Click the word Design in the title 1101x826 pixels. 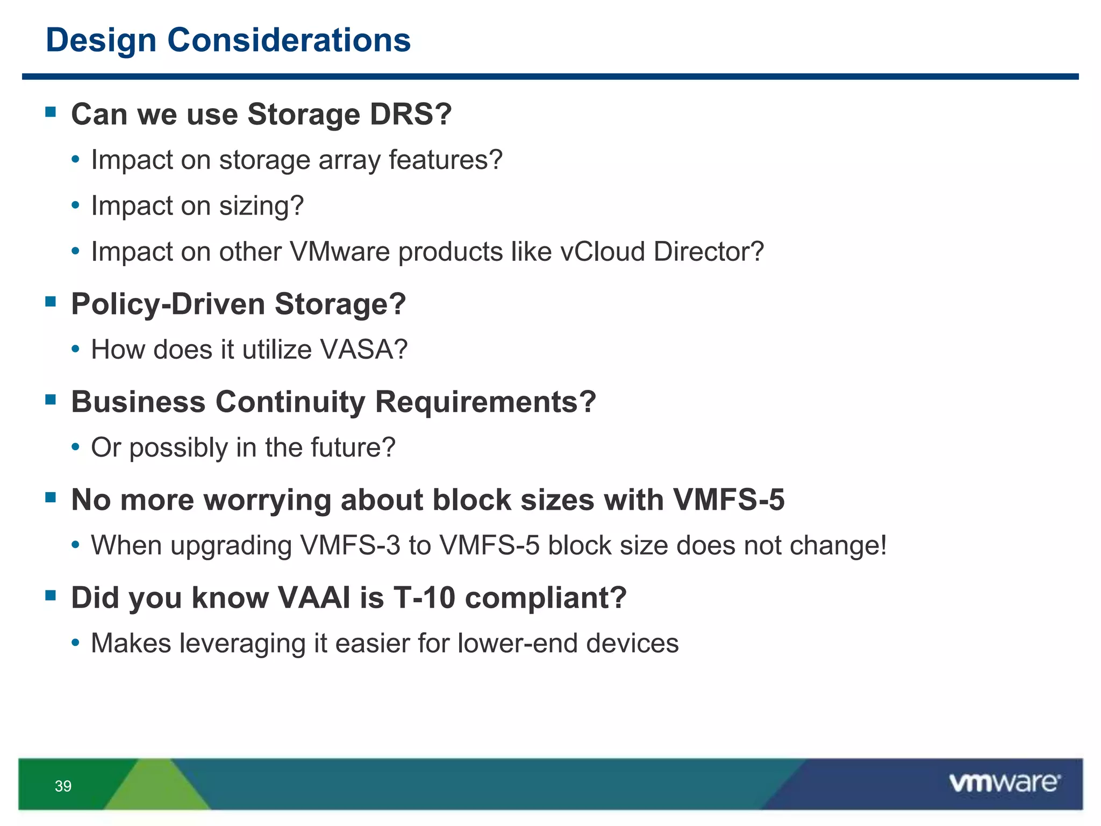pos(101,41)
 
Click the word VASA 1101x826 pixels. pos(363,350)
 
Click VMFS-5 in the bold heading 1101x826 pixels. pos(728,500)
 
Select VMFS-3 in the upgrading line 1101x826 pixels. pos(350,545)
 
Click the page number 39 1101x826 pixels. pos(63,786)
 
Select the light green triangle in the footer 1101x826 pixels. pos(156,788)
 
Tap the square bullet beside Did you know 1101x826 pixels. pos(51,595)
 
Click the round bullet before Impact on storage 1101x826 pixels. pos(76,160)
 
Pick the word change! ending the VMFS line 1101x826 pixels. pos(838,545)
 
